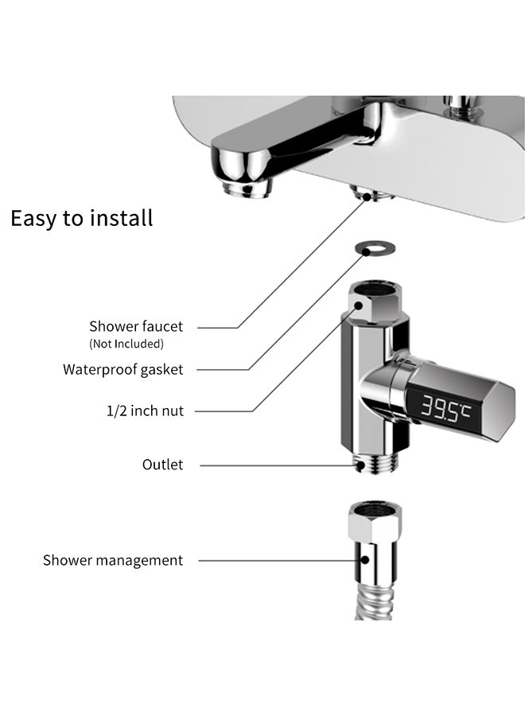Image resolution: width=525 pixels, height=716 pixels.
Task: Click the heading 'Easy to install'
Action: pos(81,218)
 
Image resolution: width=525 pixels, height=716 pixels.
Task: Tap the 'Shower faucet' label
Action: pos(136,326)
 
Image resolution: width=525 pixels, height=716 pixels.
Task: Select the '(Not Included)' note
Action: pos(126,344)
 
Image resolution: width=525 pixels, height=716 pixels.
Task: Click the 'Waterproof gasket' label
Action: pos(123,369)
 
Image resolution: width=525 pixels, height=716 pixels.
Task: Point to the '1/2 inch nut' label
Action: pos(145,411)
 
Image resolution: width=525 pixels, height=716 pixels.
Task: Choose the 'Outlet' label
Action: pos(162,465)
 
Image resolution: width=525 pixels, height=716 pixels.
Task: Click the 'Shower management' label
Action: pos(113,560)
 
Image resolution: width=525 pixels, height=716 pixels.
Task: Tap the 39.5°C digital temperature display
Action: pos(445,411)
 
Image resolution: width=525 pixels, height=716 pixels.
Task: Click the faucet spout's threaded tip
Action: pos(247,189)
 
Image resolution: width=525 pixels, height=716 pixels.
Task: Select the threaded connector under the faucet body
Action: pos(368,194)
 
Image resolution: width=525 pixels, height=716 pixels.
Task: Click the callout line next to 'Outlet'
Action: pos(270,465)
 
